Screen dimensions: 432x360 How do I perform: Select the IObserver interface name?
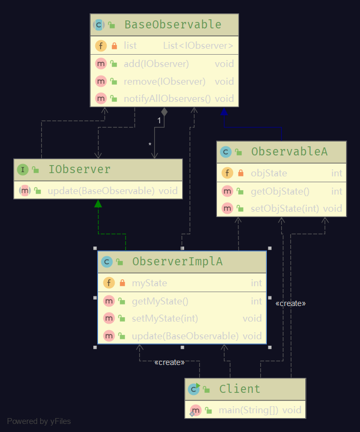click(x=79, y=170)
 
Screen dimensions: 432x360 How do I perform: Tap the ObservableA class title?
click(x=289, y=152)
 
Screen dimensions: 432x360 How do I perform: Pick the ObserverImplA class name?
click(x=177, y=262)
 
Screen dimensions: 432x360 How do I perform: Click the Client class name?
click(x=239, y=389)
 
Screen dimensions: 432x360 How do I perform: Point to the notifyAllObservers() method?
click(x=167, y=99)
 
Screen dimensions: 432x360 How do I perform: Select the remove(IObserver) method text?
click(x=164, y=81)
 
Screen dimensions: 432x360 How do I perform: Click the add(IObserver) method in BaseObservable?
click(x=156, y=64)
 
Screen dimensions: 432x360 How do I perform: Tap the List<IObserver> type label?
click(x=198, y=46)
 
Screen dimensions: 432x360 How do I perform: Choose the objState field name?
click(x=269, y=173)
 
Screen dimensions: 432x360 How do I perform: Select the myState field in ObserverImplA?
click(x=149, y=283)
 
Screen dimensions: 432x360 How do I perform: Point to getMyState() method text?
click(x=160, y=301)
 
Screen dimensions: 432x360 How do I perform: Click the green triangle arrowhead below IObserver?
click(x=98, y=203)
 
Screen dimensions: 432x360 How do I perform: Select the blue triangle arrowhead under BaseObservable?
click(x=224, y=111)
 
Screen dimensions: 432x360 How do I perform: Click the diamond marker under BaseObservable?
click(x=164, y=111)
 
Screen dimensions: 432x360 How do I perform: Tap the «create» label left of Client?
click(x=169, y=362)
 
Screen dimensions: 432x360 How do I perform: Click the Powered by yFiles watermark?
click(x=39, y=421)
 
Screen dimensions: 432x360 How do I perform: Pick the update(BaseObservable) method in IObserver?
click(x=101, y=191)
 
